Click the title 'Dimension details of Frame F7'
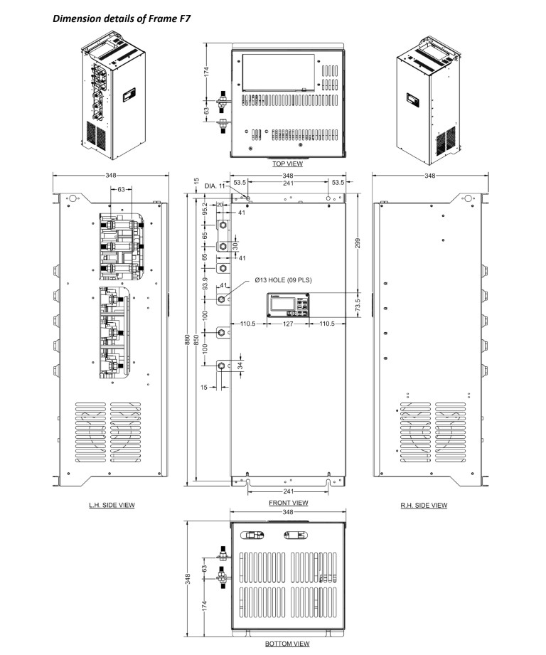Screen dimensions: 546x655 tap(122, 18)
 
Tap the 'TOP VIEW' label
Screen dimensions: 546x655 tap(288, 164)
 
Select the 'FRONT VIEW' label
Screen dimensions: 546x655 tap(289, 503)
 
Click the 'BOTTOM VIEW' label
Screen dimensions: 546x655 tap(288, 644)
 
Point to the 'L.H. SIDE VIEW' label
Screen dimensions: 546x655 tap(112, 505)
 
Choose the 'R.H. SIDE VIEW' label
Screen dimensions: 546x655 tap(424, 506)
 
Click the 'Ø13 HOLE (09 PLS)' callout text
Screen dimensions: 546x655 tap(284, 280)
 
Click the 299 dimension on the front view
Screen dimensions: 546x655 tap(358, 243)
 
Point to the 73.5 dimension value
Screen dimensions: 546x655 tap(358, 305)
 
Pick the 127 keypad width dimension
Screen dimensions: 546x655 tap(288, 324)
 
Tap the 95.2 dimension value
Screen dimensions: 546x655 tap(205, 209)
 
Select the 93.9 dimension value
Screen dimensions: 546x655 tap(205, 284)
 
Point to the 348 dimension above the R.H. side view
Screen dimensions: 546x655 tap(430, 176)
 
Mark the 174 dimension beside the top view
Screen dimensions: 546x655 tap(205, 71)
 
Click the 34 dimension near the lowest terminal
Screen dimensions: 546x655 tap(240, 366)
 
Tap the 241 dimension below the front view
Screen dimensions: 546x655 tap(288, 491)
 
